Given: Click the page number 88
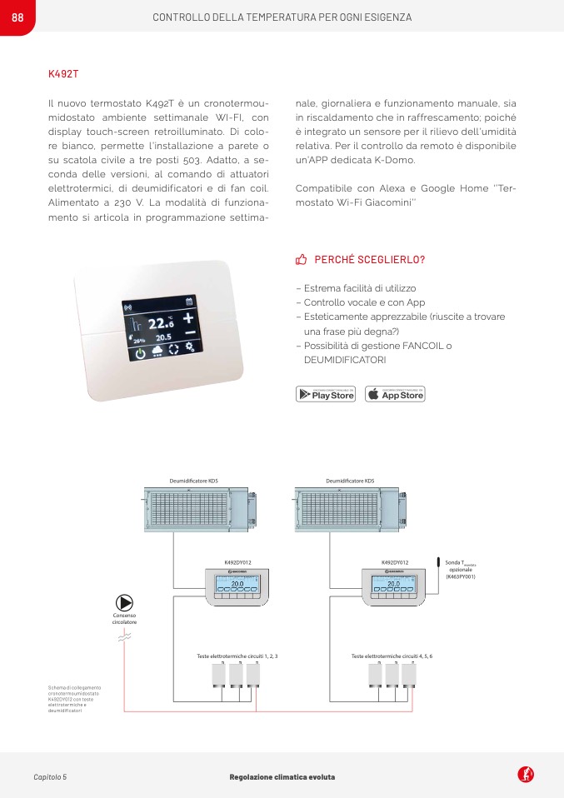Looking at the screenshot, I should (x=17, y=17).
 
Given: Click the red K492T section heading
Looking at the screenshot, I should (x=63, y=74).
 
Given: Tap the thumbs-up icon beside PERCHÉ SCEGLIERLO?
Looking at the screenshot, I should (x=302, y=260).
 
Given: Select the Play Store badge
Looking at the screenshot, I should (x=326, y=394).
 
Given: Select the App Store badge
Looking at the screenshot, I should (x=395, y=394).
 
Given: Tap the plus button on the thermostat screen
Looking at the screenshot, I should (x=189, y=318).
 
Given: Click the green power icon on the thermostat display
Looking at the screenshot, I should (x=140, y=352).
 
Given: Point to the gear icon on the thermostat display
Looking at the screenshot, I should (x=190, y=347).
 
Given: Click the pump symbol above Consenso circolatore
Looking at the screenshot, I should (x=124, y=602).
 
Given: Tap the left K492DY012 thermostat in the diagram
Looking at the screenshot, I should (x=237, y=586).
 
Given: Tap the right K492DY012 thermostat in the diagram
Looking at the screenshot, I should (x=394, y=586).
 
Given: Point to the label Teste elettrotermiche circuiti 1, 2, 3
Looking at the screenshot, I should (x=237, y=656).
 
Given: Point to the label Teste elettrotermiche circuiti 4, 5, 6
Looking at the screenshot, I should (x=392, y=656).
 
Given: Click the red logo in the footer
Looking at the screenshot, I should (x=526, y=775).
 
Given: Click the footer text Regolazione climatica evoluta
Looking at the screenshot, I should (x=282, y=777).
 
